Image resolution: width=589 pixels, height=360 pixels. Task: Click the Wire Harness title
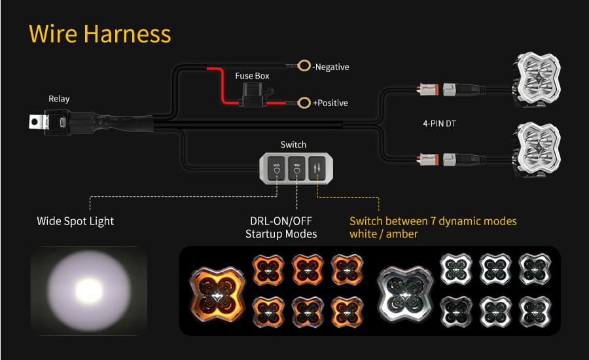point(99,34)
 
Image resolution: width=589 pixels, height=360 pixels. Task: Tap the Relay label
point(59,99)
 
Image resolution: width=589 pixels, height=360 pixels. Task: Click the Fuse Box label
point(252,76)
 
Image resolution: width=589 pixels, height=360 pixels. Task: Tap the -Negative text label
point(331,67)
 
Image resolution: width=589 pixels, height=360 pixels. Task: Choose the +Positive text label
point(330,103)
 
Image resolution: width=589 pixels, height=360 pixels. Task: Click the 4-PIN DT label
point(439,124)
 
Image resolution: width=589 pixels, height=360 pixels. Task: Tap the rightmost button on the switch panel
point(317,168)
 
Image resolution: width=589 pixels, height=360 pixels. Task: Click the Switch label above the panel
point(293,145)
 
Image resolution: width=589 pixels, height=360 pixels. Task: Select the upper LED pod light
point(537,80)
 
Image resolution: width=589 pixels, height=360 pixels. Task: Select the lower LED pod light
point(537,149)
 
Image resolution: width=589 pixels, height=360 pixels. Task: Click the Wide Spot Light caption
point(75,221)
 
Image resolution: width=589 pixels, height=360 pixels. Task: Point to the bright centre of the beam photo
point(89,291)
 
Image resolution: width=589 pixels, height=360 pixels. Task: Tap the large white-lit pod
point(405,294)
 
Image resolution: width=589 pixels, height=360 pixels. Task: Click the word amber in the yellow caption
point(402,234)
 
